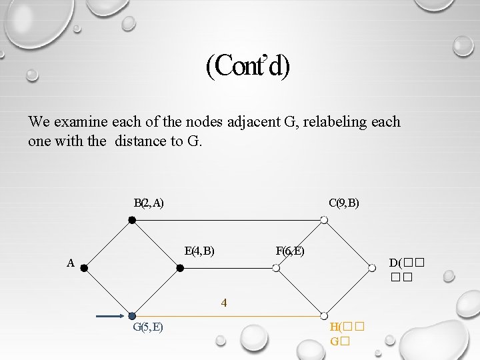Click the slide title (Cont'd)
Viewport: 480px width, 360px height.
tap(248, 66)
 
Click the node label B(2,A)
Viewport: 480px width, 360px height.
tap(149, 202)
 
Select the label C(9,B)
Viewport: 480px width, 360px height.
tap(343, 202)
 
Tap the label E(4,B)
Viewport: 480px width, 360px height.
tap(199, 251)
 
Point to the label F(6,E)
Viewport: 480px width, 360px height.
tap(289, 251)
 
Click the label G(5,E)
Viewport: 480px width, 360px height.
tap(149, 327)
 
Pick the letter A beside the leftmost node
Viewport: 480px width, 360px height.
tap(71, 263)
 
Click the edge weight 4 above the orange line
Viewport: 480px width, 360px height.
tap(225, 303)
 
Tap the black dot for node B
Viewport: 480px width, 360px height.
tap(132, 220)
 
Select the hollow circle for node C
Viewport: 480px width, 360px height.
tap(323, 220)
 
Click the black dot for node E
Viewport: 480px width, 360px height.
tap(180, 268)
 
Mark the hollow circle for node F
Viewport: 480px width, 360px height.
tap(276, 268)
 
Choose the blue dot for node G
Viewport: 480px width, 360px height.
tap(132, 316)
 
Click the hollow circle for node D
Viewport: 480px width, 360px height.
tap(371, 268)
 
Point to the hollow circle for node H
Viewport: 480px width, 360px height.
tap(323, 316)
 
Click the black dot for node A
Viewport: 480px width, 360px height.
tap(84, 268)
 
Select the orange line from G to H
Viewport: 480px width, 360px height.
tap(227, 316)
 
